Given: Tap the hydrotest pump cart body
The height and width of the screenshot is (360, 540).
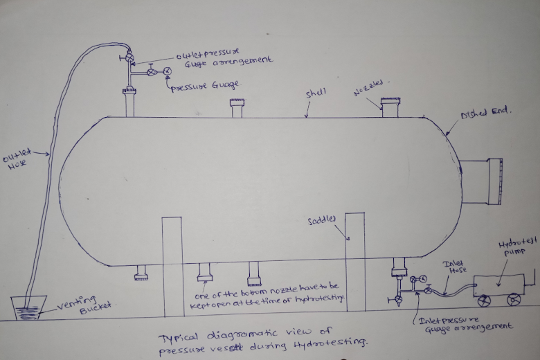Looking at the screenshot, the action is [x=498, y=285].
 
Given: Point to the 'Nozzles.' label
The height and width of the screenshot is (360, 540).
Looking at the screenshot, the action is [x=369, y=91].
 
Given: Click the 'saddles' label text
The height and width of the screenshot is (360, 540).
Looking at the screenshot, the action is [x=321, y=219].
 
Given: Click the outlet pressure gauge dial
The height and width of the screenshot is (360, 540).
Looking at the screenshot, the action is [x=168, y=71].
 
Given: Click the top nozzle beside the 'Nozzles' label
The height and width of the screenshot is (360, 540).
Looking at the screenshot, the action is [x=391, y=107].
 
